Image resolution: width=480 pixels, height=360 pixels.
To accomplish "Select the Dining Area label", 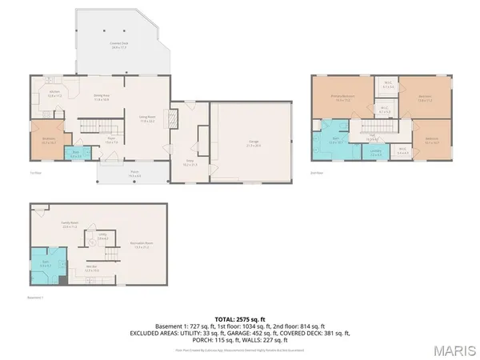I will [102, 98].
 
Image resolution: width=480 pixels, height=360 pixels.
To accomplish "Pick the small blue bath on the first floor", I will [75, 154].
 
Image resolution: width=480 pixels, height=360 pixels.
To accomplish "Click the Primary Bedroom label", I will [343, 98].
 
